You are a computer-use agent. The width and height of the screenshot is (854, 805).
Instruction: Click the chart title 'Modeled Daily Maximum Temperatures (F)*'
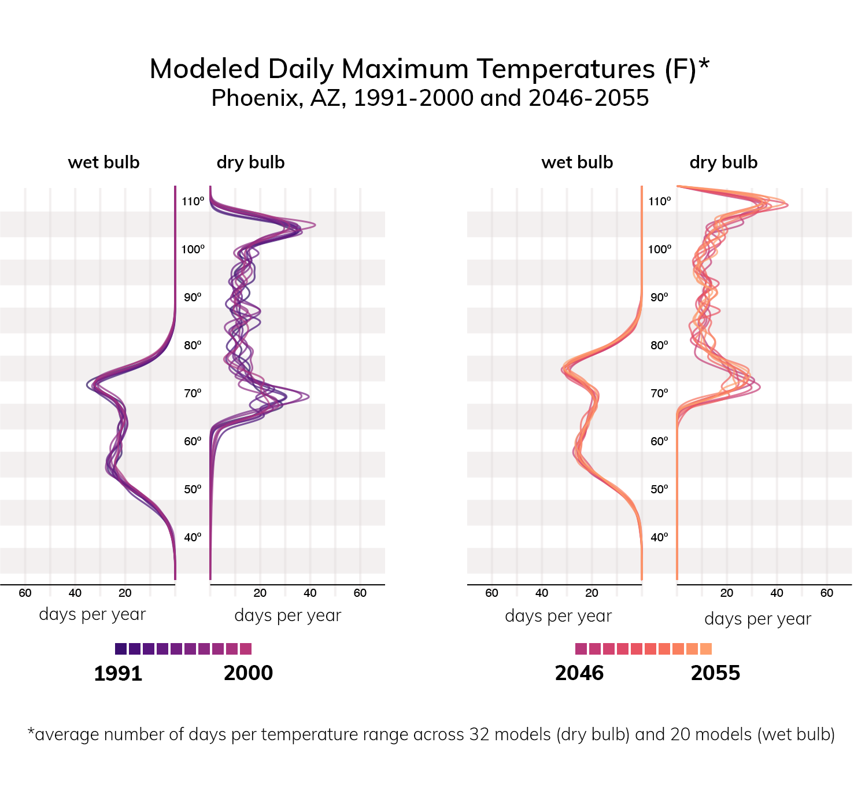[429, 69]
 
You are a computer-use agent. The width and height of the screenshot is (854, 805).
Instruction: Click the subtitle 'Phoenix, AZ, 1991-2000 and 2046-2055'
[430, 98]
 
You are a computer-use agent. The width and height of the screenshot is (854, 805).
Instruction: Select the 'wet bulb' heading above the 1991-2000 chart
[103, 163]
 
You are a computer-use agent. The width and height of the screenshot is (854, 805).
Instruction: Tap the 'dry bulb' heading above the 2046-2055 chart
[723, 163]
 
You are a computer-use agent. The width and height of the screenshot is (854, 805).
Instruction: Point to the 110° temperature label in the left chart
[193, 201]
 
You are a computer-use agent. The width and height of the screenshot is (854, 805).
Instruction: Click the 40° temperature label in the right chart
[660, 537]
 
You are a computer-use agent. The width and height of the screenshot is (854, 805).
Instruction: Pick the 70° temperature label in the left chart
[193, 393]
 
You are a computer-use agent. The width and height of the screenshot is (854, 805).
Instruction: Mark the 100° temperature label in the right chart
[660, 249]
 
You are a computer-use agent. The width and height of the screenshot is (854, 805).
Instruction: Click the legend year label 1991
[118, 673]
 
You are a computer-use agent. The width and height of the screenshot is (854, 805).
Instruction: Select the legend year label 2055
[715, 673]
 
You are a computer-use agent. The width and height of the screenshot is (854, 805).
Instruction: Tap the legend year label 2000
[248, 673]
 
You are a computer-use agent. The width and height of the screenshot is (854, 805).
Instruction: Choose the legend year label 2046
[579, 673]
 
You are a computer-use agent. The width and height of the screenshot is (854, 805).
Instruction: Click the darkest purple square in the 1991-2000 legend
[121, 649]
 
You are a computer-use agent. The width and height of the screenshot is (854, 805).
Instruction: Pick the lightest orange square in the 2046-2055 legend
[706, 649]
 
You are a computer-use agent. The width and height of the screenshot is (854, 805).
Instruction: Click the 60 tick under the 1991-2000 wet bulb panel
[25, 593]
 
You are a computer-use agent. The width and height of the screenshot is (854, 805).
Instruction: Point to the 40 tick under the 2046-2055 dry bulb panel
[777, 593]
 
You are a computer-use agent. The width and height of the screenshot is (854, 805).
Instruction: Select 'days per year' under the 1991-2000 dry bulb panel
[288, 615]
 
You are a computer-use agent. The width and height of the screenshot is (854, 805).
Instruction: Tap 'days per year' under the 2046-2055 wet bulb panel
[558, 616]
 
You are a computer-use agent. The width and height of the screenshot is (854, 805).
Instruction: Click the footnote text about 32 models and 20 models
[431, 734]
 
